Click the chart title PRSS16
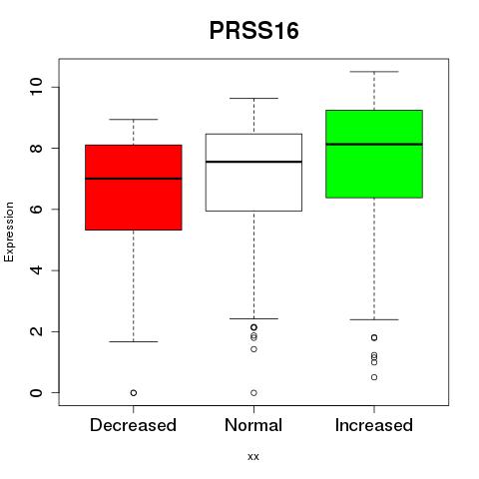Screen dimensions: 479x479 coord(254,31)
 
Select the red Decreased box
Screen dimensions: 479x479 coord(134,188)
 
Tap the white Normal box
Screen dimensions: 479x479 coord(253,173)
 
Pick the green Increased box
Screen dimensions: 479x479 coord(374,154)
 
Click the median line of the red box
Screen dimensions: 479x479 coord(134,179)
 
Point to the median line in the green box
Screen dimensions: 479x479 coord(374,144)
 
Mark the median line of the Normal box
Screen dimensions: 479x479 coord(253,162)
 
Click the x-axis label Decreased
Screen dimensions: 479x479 coord(133,425)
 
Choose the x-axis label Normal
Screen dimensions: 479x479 coord(253,425)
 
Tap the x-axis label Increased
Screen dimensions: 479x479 coord(374,425)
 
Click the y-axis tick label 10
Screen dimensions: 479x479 coord(36,87)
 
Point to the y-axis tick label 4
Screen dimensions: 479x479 coord(36,270)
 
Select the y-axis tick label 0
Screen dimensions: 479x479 coord(36,393)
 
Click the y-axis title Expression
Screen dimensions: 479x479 coord(9,232)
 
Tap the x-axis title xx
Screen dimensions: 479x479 coord(253,456)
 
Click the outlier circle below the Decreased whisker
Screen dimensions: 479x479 coord(134,393)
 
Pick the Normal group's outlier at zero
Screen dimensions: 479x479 coord(253,393)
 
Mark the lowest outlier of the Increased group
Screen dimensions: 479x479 coord(374,377)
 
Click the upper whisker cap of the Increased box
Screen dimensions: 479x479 coord(374,72)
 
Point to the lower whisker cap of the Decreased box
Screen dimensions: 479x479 coord(134,341)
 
